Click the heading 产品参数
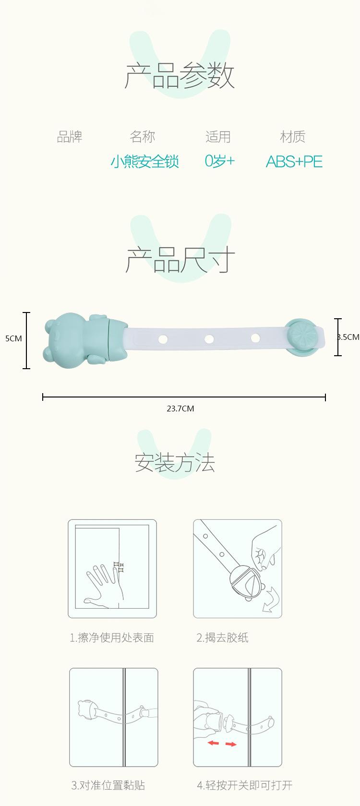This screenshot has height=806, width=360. pyautogui.click(x=180, y=75)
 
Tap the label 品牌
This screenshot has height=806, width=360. pyautogui.click(x=70, y=137)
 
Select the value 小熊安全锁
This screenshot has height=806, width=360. pyautogui.click(x=144, y=161)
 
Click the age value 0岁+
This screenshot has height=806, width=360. pyautogui.click(x=219, y=161)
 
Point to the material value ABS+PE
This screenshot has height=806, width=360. pyautogui.click(x=294, y=161)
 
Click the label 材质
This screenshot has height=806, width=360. pyautogui.click(x=293, y=137)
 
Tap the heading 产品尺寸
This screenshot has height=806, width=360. pyautogui.click(x=180, y=259)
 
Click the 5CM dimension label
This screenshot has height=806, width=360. pyautogui.click(x=13, y=338)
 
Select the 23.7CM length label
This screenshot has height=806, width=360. pyautogui.click(x=180, y=409)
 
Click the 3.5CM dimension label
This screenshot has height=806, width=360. pyautogui.click(x=348, y=337)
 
